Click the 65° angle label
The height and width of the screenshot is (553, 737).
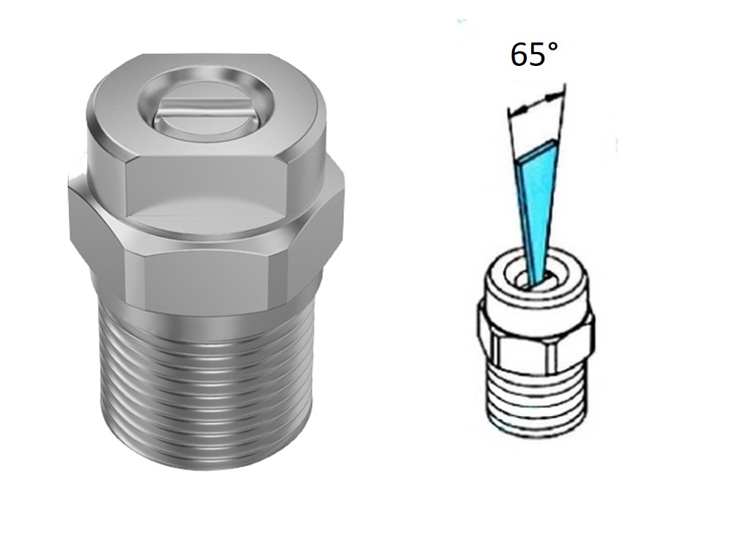click(x=534, y=55)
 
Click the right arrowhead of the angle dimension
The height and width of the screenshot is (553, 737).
click(x=555, y=97)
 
